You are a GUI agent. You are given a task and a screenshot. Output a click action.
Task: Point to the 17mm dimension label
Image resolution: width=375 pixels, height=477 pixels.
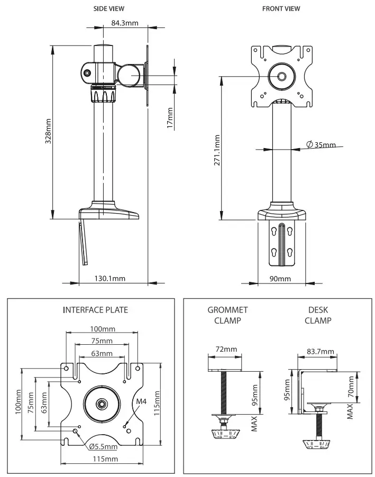170,118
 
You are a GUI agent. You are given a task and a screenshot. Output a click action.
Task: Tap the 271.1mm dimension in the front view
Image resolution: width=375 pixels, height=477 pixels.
217,150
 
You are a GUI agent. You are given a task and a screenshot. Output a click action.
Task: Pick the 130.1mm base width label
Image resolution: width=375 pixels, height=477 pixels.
109,278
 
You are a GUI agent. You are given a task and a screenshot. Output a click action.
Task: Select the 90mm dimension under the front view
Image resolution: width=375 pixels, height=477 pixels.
280,278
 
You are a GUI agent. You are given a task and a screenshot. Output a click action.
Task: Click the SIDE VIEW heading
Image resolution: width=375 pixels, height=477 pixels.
109,9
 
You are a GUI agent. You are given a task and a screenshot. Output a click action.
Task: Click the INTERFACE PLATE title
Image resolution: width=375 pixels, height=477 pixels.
95,310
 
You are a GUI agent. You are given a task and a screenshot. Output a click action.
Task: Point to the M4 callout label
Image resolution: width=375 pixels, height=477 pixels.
141,402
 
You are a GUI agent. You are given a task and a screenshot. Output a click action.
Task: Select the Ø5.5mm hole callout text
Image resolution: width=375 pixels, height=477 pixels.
103,446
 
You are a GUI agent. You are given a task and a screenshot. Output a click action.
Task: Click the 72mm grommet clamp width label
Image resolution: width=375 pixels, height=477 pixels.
226,349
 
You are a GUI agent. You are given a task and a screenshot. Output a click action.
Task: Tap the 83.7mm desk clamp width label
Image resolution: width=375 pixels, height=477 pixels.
320,351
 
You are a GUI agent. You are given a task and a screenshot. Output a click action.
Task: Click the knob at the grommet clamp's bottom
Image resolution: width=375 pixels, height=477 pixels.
225,435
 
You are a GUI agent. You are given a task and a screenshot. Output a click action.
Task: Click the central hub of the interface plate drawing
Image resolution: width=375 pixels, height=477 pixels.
100,403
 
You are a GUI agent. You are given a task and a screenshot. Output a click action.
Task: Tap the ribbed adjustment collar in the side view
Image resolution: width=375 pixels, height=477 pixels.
103,94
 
